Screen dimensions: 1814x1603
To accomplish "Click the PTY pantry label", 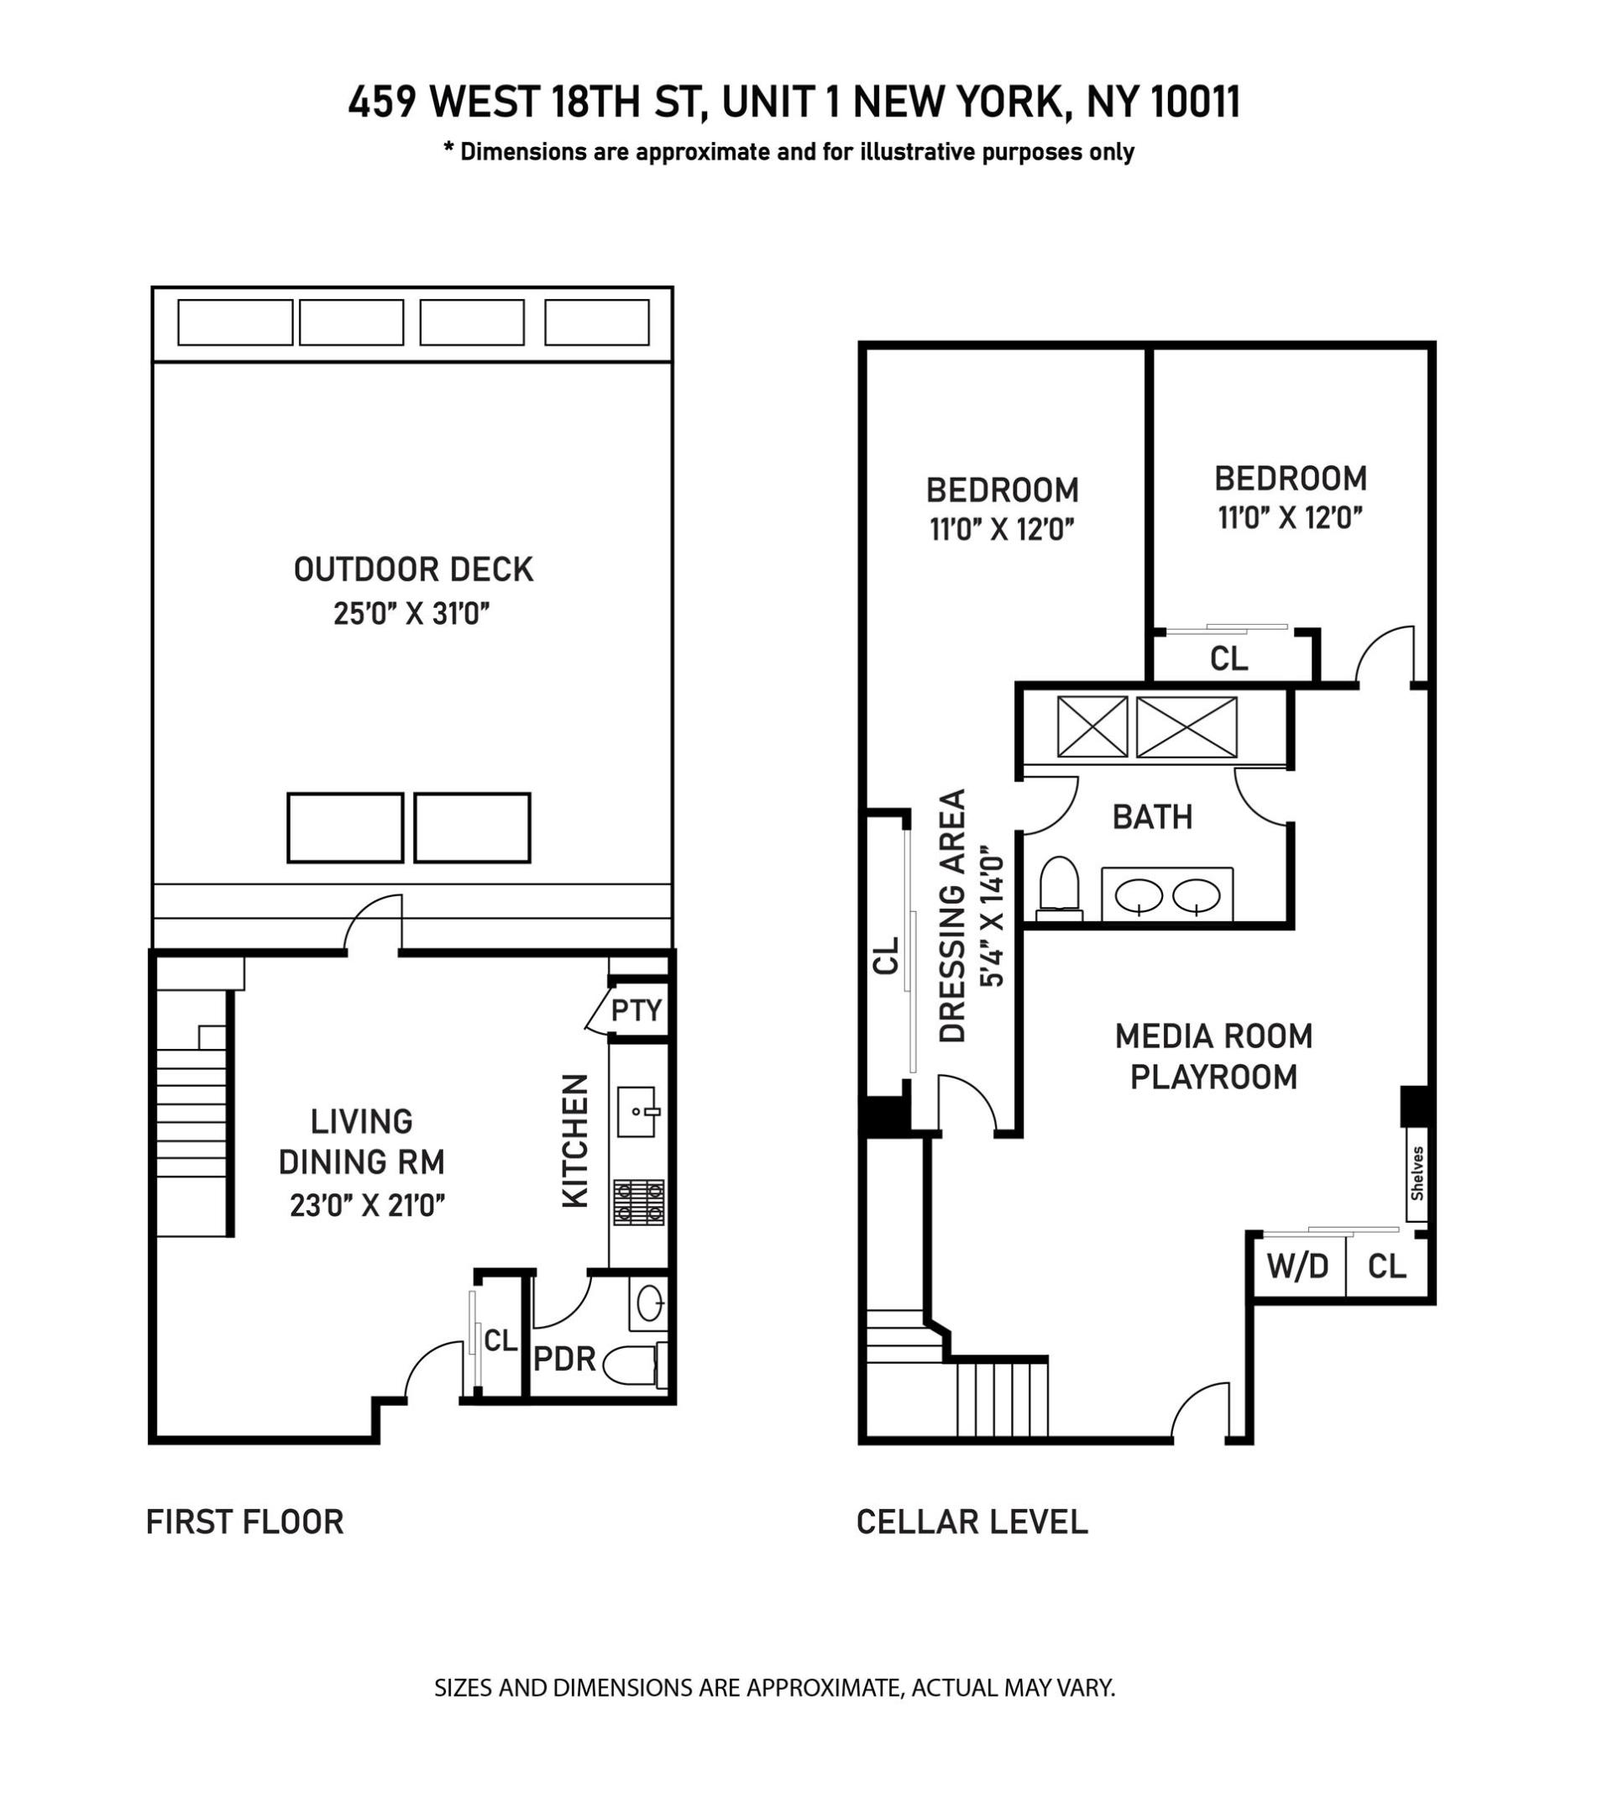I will click(636, 1010).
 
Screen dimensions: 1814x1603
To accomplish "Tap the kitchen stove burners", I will click(638, 1203).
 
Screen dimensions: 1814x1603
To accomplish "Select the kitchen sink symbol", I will click(636, 1111).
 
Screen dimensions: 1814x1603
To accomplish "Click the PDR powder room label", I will click(563, 1359).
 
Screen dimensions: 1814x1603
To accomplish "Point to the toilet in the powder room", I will click(633, 1364).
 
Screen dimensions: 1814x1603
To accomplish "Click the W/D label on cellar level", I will click(1297, 1266).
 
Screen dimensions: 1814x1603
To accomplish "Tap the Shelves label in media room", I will click(1417, 1173).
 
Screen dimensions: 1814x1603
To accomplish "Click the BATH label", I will click(1152, 816).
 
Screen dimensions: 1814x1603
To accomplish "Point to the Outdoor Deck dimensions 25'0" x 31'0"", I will click(411, 613).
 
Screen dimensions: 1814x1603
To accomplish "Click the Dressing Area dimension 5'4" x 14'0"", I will click(992, 915).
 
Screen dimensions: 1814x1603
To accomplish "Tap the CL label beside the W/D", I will click(1386, 1266).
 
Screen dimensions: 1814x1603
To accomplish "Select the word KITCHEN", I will click(576, 1140).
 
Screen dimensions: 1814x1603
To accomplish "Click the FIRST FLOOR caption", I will click(244, 1522).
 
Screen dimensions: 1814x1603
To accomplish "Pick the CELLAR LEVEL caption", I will click(972, 1522).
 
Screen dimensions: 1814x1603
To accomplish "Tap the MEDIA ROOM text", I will click(1213, 1035).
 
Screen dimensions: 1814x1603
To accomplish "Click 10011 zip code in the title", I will click(1196, 102).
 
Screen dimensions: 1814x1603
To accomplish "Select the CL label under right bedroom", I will click(1228, 658).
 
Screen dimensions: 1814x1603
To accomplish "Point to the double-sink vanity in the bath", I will click(1166, 894).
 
